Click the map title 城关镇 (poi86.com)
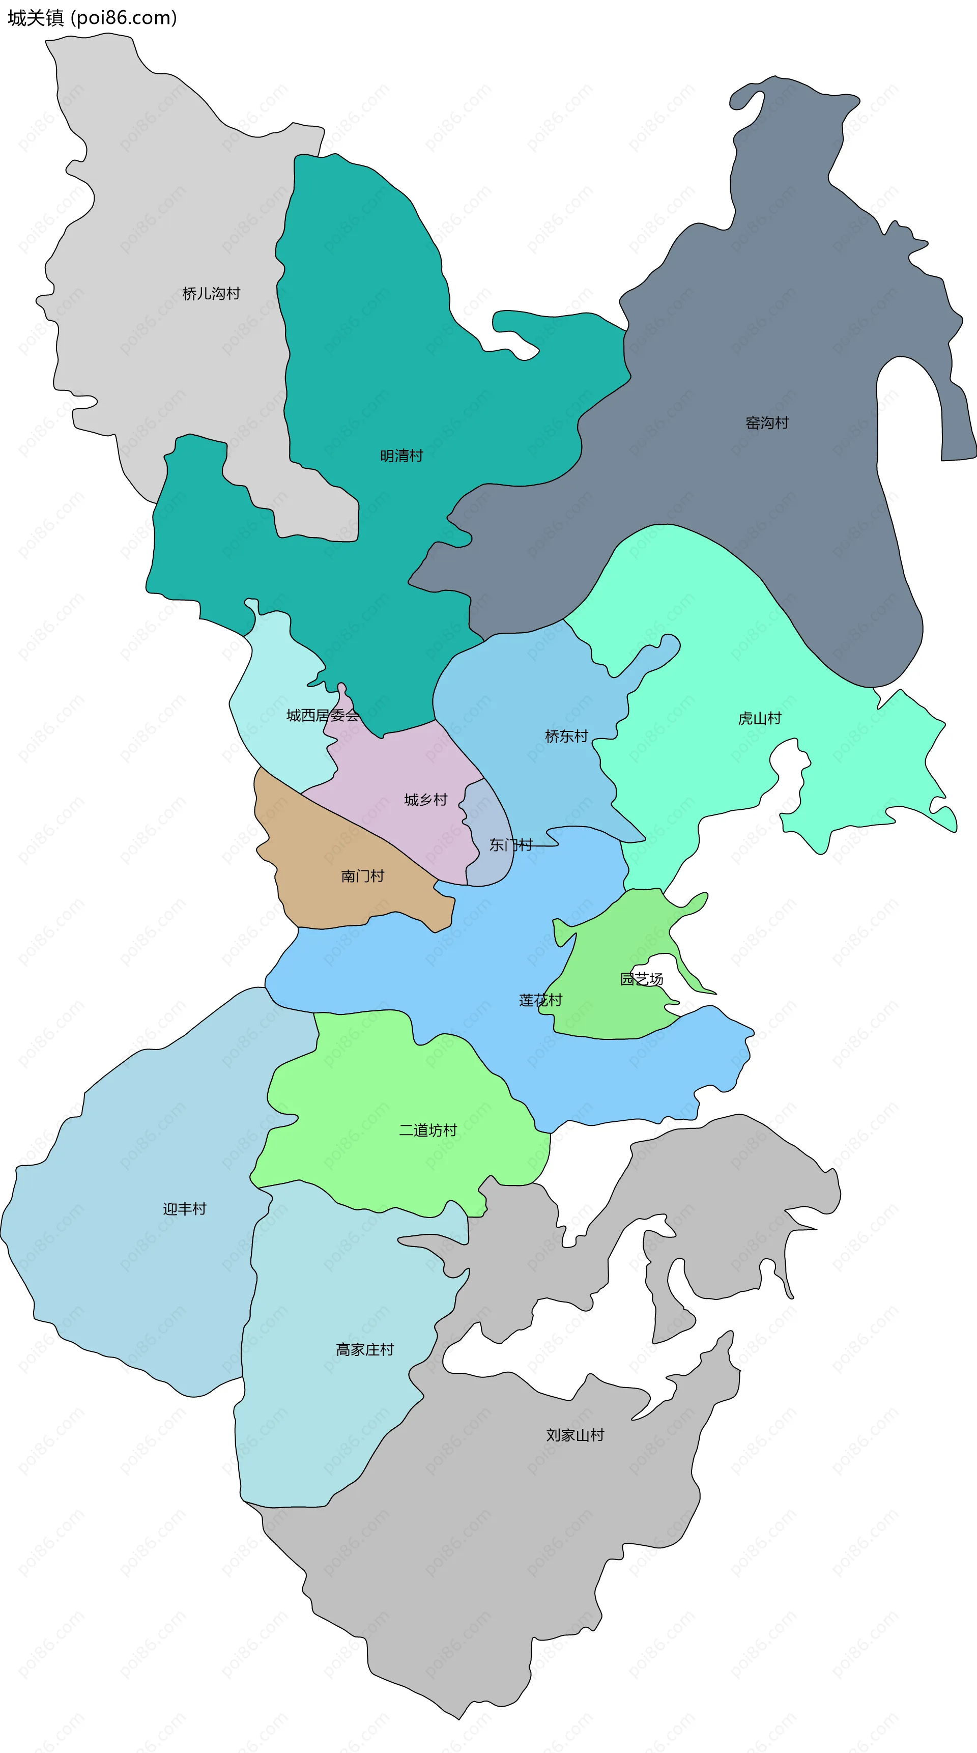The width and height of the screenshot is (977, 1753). (x=93, y=18)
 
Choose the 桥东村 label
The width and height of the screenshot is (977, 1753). (x=566, y=737)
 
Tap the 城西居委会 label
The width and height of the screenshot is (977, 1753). (x=323, y=715)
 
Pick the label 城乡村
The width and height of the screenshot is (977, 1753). (x=425, y=800)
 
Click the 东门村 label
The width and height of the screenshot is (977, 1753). (x=511, y=845)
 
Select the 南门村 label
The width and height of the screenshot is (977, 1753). (x=363, y=876)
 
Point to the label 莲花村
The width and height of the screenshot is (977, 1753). (x=541, y=1000)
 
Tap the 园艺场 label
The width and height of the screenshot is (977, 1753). (x=641, y=979)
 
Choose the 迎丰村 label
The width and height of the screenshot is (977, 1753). (x=184, y=1208)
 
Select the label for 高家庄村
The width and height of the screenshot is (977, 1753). (x=365, y=1349)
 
